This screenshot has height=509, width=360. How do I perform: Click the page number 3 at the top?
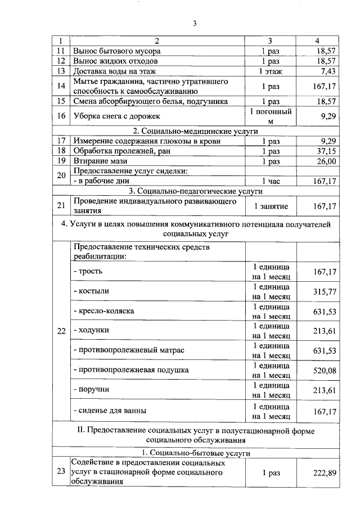(195, 24)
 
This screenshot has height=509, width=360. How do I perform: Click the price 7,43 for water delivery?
(327, 71)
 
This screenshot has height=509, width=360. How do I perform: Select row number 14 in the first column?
(61, 86)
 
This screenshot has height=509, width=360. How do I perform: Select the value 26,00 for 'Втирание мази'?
(325, 161)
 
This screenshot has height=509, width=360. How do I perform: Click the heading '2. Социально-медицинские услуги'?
(195, 131)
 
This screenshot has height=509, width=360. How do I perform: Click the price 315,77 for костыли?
(324, 291)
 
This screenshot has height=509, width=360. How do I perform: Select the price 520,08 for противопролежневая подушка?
(324, 370)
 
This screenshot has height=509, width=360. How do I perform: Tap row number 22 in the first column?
(61, 330)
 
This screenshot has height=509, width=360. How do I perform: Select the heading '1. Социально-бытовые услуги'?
(195, 453)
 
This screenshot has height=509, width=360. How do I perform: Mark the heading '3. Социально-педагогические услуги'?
(195, 191)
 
